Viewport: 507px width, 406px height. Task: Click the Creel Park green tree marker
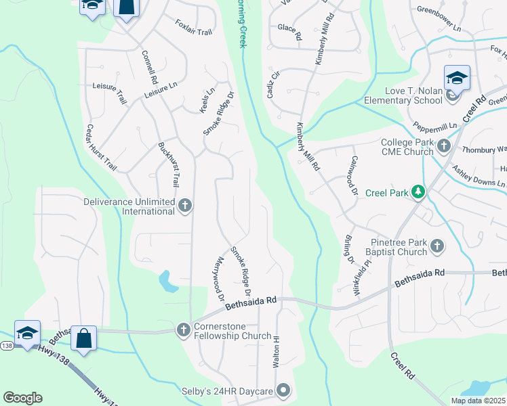click(x=418, y=193)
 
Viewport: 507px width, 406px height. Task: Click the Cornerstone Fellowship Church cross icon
click(x=182, y=330)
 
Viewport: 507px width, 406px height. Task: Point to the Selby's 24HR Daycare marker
click(x=283, y=391)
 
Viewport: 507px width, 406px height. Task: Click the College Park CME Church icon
click(x=443, y=146)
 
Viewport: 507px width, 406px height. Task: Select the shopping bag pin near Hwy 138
click(x=83, y=338)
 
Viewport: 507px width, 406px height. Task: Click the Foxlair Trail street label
click(x=193, y=27)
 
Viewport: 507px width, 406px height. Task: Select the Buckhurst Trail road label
click(x=169, y=164)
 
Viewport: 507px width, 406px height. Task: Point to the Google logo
click(x=22, y=398)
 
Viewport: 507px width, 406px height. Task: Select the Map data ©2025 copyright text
click(x=477, y=401)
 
